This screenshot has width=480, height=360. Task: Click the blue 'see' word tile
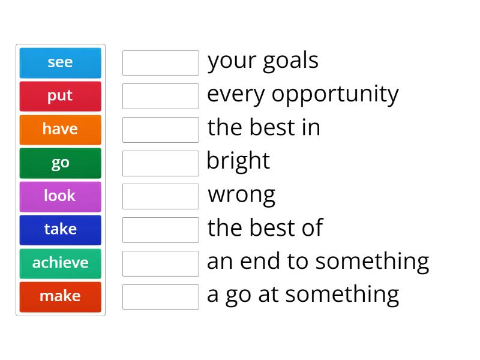(x=60, y=62)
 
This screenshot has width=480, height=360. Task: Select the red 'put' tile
(x=60, y=96)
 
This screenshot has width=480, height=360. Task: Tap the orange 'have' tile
(x=60, y=129)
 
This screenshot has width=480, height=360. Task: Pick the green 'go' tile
(x=60, y=163)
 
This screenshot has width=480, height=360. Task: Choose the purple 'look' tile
(x=60, y=196)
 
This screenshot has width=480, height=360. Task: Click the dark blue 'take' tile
(x=60, y=229)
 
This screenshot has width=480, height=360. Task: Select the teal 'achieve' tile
(x=60, y=263)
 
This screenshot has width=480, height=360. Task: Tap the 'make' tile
(x=60, y=296)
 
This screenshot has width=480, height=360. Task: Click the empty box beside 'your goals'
(x=160, y=63)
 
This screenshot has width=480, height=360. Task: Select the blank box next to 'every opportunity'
(x=160, y=96)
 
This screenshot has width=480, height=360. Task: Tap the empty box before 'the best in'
(x=160, y=130)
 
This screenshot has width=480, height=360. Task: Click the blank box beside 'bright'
(x=160, y=163)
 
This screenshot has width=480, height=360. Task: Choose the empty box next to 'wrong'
(x=160, y=196)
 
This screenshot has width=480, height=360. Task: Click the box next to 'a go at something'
(x=160, y=296)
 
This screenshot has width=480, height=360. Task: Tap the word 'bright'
(x=238, y=161)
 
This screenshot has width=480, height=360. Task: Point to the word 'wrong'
(x=241, y=195)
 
